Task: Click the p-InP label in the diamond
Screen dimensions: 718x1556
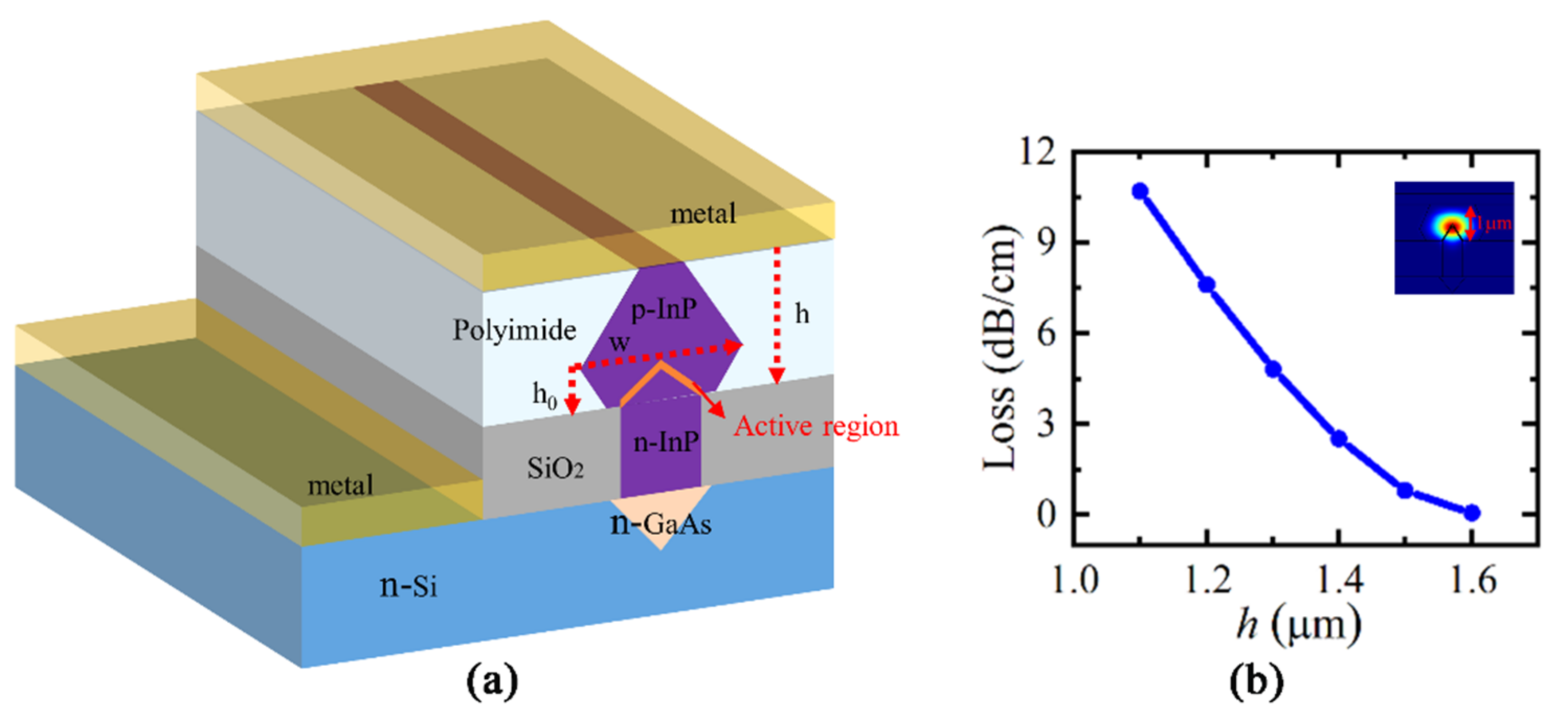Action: [663, 310]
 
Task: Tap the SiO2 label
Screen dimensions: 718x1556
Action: [554, 468]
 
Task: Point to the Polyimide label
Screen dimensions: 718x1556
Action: [514, 330]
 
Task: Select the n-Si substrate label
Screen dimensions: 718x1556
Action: [408, 585]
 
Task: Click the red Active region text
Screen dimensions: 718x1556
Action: [816, 426]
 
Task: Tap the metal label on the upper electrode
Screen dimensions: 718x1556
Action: [703, 213]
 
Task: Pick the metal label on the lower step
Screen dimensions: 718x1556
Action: [340, 485]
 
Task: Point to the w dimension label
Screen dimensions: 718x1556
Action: [619, 342]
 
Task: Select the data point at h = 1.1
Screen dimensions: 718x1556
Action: [1140, 191]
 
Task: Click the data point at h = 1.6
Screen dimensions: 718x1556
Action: [1472, 513]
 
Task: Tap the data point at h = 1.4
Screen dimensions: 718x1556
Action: [1339, 438]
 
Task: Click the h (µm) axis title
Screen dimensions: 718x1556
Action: [1298, 625]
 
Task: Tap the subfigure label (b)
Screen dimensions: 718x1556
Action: [1257, 681]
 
